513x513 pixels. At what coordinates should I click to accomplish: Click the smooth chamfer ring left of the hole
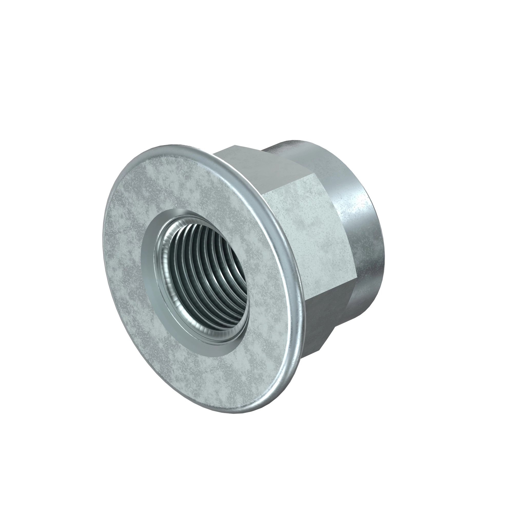(149, 265)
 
